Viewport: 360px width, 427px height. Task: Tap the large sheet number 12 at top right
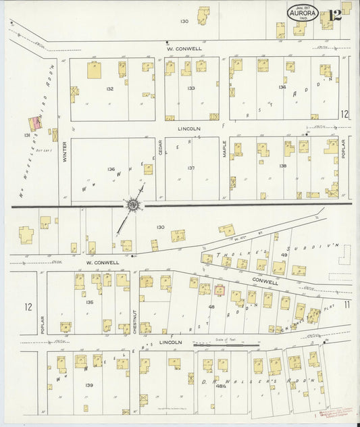tap(334, 15)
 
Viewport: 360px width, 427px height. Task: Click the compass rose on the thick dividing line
tap(133, 204)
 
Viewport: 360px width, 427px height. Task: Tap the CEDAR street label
tap(161, 155)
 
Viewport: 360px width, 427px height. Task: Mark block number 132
tap(110, 89)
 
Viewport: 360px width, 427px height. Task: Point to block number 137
tap(191, 168)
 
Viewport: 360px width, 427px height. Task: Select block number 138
tap(282, 166)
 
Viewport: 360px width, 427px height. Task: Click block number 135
tap(90, 302)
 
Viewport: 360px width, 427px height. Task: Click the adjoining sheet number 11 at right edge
tap(346, 305)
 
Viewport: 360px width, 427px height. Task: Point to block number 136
tap(111, 168)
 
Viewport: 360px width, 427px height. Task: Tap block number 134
tap(282, 87)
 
